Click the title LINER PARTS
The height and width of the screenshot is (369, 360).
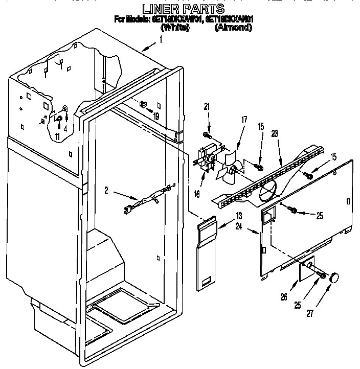coord(183,9)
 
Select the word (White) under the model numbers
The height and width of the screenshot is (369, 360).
coord(175,28)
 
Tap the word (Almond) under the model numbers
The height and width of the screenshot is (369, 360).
coord(233,28)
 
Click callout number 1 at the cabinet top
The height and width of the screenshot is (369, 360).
coord(162,39)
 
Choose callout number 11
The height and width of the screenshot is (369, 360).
coord(57,136)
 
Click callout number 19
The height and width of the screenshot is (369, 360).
coord(155,117)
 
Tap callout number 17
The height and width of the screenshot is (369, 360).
coord(244,120)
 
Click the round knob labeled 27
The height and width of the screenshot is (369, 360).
coord(334,278)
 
